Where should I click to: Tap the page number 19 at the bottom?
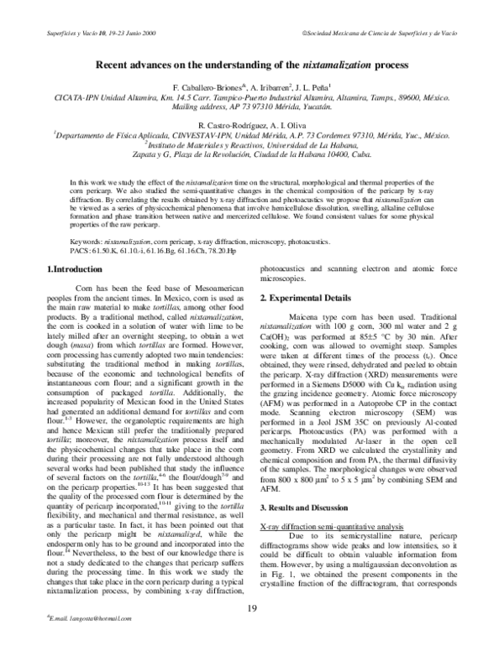pyautogui.click(x=252, y=609)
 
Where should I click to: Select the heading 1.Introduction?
pyautogui.click(x=73, y=268)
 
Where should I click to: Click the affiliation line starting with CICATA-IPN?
pyautogui.click(x=252, y=97)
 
